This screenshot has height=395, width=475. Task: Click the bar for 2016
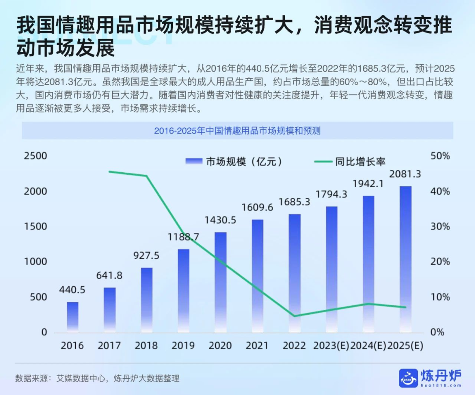pyautogui.click(x=73, y=316)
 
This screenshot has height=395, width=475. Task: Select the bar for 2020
pyautogui.click(x=220, y=281)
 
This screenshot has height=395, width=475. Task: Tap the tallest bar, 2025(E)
pyautogui.click(x=406, y=259)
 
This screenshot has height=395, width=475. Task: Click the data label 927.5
pyautogui.click(x=146, y=256)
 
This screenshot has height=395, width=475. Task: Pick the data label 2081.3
pyautogui.click(x=406, y=174)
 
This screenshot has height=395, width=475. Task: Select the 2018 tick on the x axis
pyautogui.click(x=146, y=346)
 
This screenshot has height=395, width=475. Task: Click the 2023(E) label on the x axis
pyautogui.click(x=331, y=346)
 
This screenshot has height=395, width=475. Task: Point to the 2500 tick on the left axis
pyautogui.click(x=35, y=156)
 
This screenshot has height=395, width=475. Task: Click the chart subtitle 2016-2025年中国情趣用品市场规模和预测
pyautogui.click(x=237, y=131)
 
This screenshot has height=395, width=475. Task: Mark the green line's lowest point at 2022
pyautogui.click(x=294, y=316)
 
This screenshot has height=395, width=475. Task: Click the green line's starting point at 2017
pyautogui.click(x=110, y=171)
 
